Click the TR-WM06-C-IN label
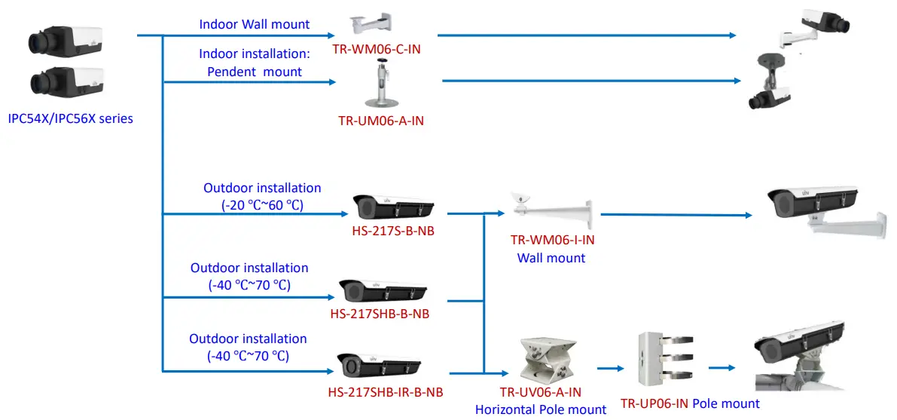click(377, 48)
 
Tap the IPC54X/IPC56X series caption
click(70, 118)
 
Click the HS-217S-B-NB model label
click(393, 231)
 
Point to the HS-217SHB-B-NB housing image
click(383, 290)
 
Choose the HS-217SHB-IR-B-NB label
click(385, 392)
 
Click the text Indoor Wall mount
click(254, 24)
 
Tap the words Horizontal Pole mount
click(540, 409)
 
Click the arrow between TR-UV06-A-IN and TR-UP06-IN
click(612, 368)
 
